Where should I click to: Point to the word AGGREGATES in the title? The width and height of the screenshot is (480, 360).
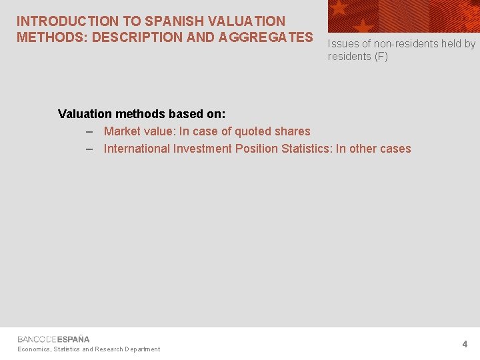263,37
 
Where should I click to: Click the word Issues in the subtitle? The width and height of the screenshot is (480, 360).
343,44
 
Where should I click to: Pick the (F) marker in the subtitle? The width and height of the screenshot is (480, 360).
380,57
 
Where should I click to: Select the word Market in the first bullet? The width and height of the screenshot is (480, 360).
123,131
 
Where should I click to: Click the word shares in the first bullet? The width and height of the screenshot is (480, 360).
291,131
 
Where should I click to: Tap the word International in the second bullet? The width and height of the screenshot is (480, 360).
137,149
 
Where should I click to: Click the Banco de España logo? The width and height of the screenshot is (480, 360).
53,339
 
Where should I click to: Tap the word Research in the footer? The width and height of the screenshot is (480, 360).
109,349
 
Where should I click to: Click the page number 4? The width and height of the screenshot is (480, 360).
465,345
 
